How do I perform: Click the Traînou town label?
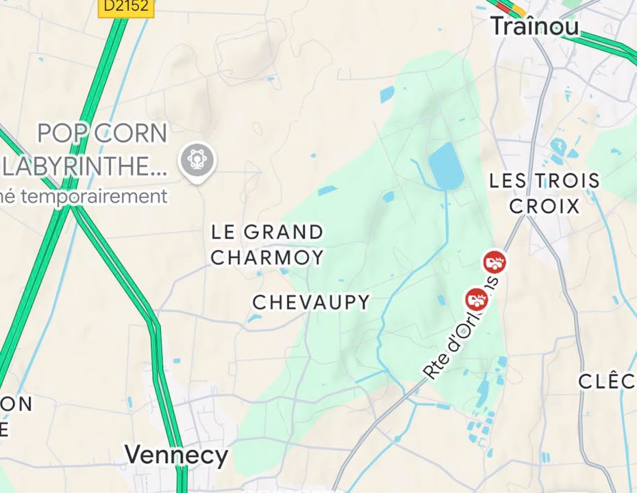pyautogui.click(x=535, y=26)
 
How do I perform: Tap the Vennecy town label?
pyautogui.click(x=176, y=455)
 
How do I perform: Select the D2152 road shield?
pyautogui.click(x=127, y=6)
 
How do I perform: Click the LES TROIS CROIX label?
pyautogui.click(x=545, y=193)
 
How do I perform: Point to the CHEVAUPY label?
pyautogui.click(x=311, y=302)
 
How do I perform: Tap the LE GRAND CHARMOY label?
pyautogui.click(x=267, y=244)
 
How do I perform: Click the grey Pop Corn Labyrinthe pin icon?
pyautogui.click(x=197, y=162)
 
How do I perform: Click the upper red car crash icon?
pyautogui.click(x=494, y=261)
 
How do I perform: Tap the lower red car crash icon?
pyautogui.click(x=476, y=299)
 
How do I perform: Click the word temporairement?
pyautogui.click(x=95, y=197)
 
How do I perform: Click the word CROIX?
pyautogui.click(x=545, y=206)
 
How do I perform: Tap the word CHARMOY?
pyautogui.click(x=267, y=257)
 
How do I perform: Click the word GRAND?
pyautogui.click(x=283, y=232)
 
